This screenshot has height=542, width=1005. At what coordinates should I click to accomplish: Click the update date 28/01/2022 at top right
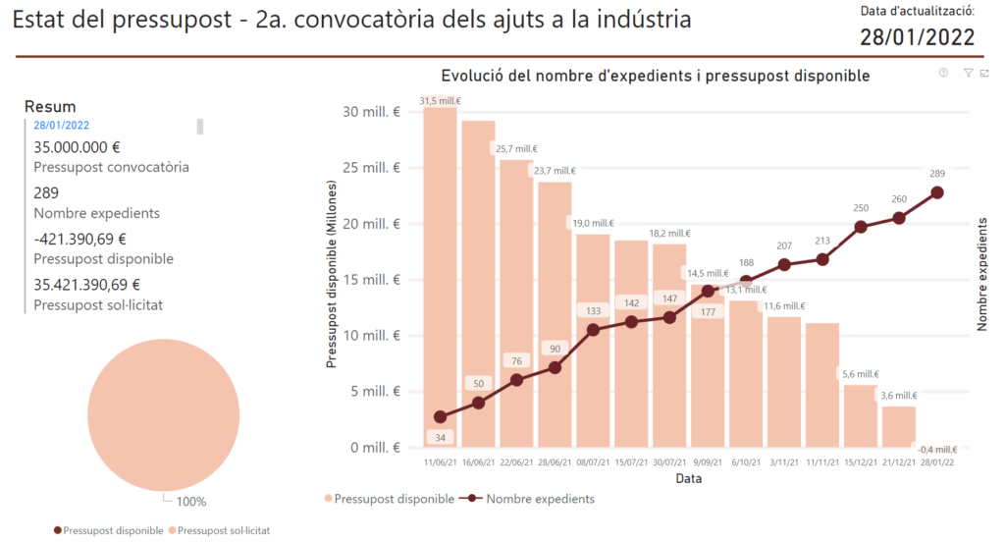918,37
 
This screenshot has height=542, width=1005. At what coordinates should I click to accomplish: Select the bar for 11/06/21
440,275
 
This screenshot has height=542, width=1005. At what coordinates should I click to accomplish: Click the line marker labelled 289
937,192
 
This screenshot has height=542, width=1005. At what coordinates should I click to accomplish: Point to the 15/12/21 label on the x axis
861,461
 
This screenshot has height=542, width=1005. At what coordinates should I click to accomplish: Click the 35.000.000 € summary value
77,147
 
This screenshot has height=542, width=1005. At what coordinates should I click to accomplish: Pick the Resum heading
50,107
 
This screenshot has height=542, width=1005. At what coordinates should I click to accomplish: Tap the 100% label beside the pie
191,502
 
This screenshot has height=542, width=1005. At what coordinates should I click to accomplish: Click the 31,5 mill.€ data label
441,100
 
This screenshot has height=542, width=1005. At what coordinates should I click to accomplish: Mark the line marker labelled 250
861,227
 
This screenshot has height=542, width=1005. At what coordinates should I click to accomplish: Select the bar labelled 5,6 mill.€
861,416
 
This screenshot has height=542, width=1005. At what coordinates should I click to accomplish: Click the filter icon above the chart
968,73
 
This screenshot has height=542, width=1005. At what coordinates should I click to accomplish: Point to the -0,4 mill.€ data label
936,450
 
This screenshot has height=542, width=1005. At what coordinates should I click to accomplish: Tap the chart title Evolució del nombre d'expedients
655,76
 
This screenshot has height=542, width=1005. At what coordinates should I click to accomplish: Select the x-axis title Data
687,478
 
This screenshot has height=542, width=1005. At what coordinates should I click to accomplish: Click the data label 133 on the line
592,311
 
